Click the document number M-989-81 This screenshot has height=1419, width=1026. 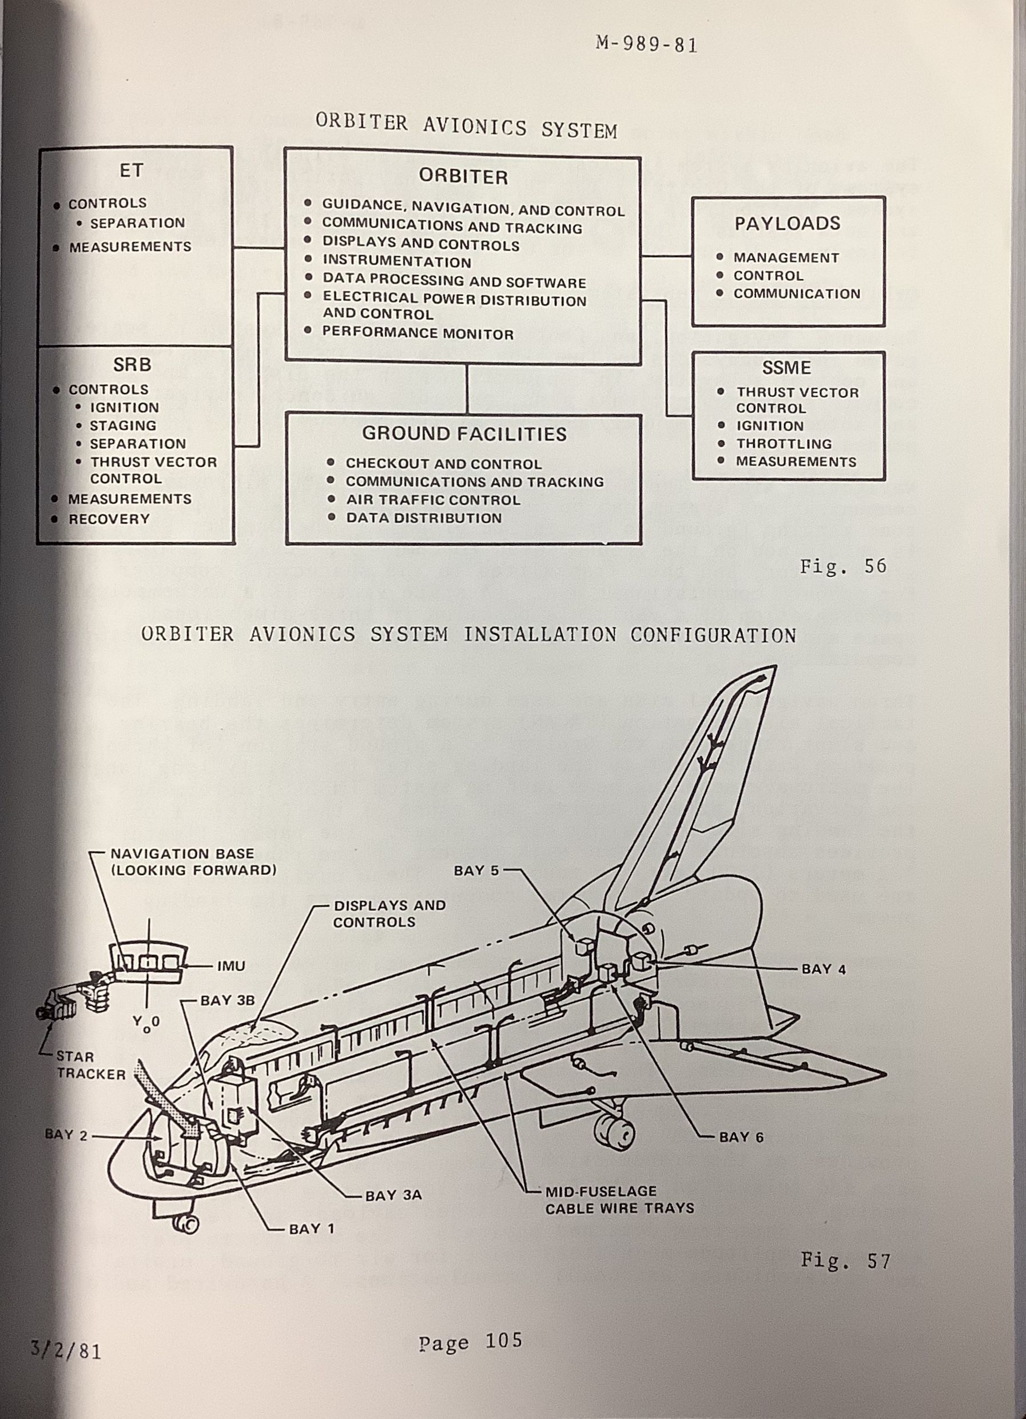(x=647, y=45)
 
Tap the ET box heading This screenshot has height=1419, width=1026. (x=132, y=170)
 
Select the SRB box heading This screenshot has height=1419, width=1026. (x=132, y=364)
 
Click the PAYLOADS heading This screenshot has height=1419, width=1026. (x=787, y=224)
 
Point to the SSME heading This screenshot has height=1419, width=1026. (x=786, y=367)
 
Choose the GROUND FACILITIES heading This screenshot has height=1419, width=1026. (x=464, y=434)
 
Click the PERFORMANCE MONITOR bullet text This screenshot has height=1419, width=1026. (x=417, y=333)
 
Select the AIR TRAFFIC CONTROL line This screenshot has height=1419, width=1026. (x=433, y=500)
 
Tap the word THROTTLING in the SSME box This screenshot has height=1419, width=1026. (x=784, y=444)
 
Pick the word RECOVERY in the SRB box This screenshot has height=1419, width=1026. (x=109, y=519)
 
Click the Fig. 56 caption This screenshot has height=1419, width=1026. (x=842, y=566)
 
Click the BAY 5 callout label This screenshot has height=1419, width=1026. (x=476, y=871)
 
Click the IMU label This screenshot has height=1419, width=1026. (x=231, y=966)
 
